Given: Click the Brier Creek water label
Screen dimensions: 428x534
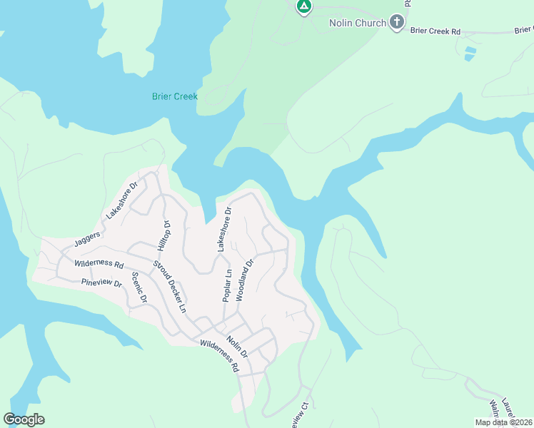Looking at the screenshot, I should tap(174, 96).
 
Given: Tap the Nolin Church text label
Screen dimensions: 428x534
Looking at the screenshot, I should tap(357, 23).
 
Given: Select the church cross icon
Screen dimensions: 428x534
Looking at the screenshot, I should tap(397, 23).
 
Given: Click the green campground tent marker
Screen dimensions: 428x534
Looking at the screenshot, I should tap(304, 7).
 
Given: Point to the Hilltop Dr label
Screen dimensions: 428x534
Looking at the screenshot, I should tap(163, 235).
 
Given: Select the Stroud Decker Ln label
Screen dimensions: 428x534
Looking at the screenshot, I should tap(168, 287).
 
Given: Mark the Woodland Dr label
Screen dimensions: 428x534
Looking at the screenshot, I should tap(245, 280).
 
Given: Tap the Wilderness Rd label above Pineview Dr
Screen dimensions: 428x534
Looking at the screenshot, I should tap(99, 263).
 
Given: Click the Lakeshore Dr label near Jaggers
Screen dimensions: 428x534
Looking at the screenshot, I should tap(120, 207).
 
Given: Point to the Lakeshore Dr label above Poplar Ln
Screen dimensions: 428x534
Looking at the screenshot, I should tap(225, 229).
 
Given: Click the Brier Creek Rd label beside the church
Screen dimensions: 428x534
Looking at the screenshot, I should tap(435, 31).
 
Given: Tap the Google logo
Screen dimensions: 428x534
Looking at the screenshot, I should tap(24, 419).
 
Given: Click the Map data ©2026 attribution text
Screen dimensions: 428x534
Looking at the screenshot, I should tap(503, 422).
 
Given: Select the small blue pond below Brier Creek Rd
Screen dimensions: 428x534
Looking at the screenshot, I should tap(469, 53).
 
